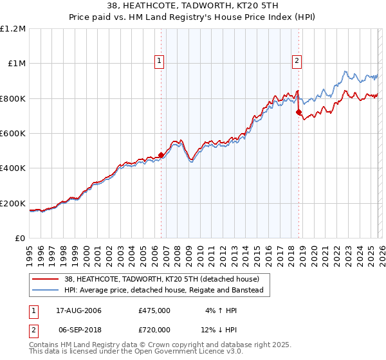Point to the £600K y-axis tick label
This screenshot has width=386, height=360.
coord(13,133)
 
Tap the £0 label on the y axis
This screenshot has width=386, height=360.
coord(19,238)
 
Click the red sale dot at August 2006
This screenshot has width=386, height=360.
coord(161,154)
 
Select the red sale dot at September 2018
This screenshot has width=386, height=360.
coord(299,112)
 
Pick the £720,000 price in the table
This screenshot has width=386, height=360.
coord(154,329)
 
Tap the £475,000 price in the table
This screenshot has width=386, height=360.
coord(154,310)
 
